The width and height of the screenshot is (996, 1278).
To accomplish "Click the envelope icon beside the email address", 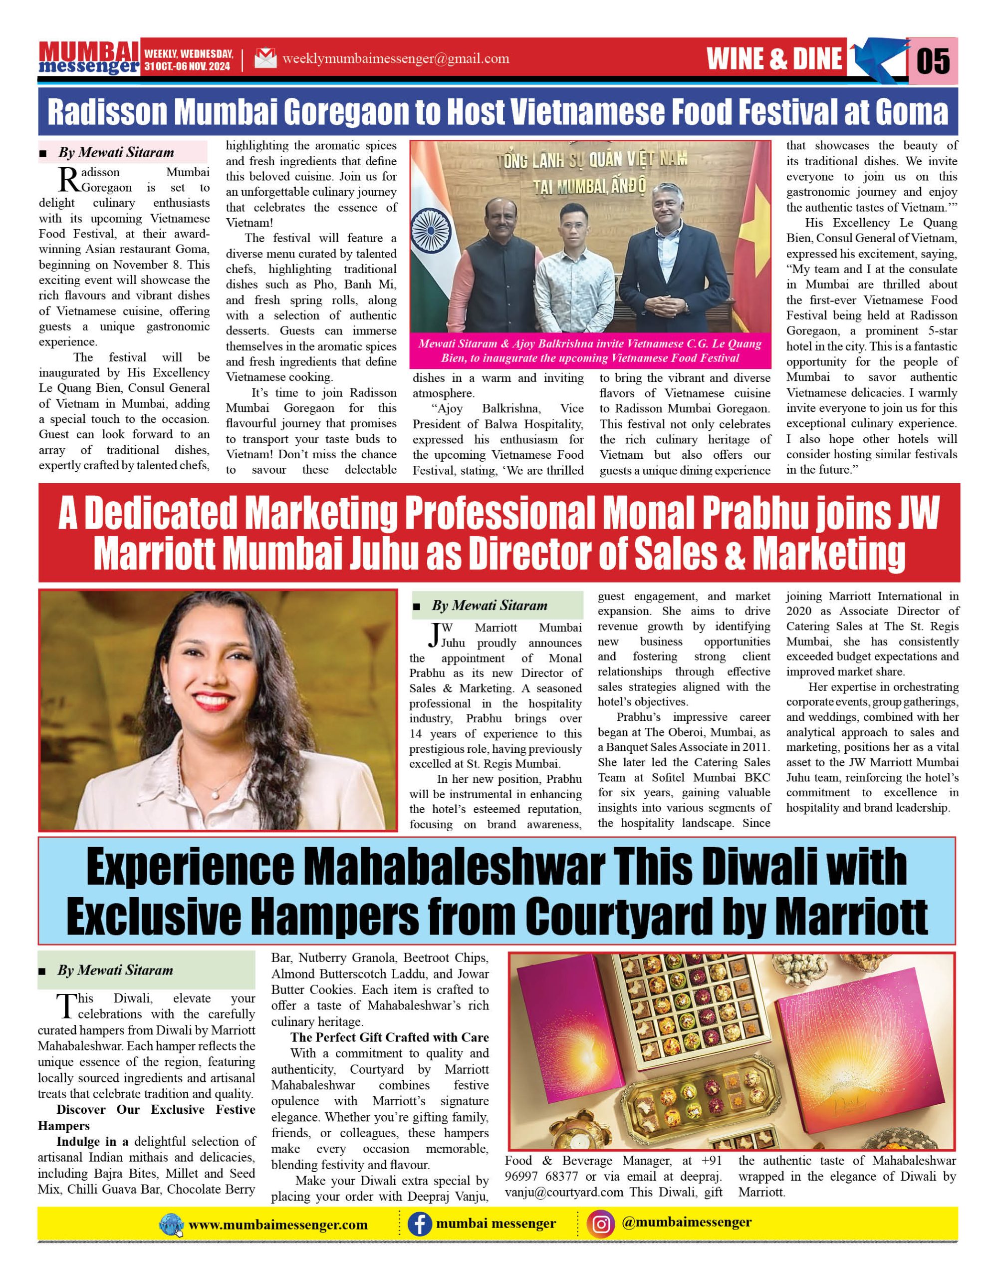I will (265, 58).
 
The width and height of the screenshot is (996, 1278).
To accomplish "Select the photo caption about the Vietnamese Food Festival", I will (589, 350).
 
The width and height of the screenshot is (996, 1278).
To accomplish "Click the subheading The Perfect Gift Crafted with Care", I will (390, 1037).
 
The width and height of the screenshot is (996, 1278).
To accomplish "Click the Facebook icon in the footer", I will (419, 1224).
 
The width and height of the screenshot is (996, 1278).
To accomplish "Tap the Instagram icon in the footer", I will (601, 1224).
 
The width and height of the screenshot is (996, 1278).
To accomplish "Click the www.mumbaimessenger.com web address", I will (278, 1224).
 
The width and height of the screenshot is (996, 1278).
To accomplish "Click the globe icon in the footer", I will (171, 1224).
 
